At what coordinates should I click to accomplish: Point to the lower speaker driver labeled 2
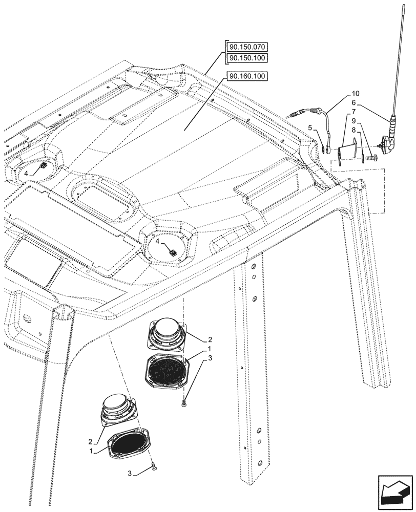tap(119, 407)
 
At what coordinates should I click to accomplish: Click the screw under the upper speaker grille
tap(184, 404)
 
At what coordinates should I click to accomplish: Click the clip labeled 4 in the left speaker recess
tap(44, 166)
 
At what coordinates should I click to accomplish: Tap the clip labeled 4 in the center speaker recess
tap(173, 251)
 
